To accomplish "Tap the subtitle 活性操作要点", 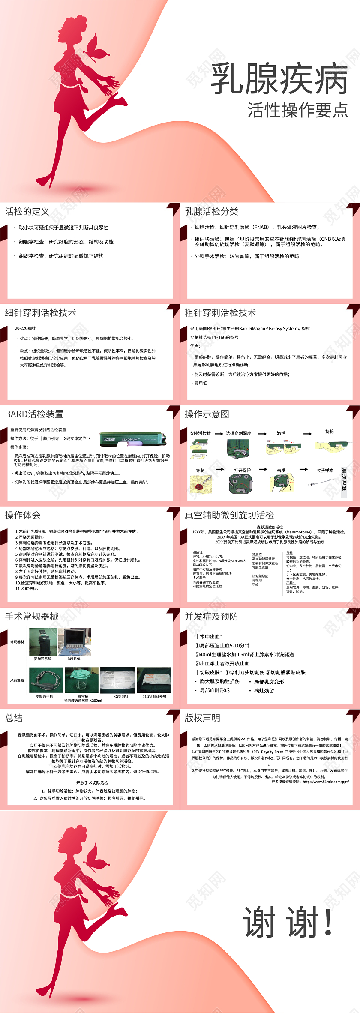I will point(297,110).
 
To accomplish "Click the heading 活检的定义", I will point(27,211).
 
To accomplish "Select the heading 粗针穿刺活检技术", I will point(220,313).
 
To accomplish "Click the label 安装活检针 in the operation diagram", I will point(200,433).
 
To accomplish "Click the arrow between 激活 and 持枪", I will point(307,434).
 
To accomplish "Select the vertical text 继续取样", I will point(344,480).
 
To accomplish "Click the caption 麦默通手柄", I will point(44,696).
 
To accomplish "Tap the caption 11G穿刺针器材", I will point(154,696).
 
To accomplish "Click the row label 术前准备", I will point(17,680).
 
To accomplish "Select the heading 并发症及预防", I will point(211,617).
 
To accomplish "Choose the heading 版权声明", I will point(202,718).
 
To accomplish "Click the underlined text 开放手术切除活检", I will point(92,782).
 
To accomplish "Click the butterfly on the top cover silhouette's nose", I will point(97,48).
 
